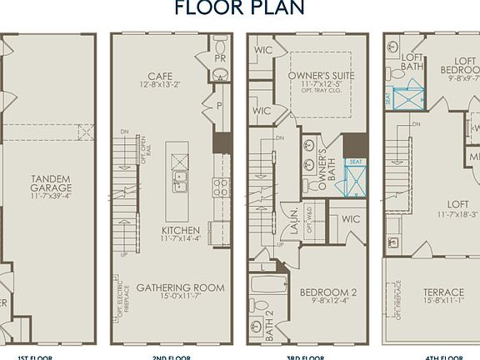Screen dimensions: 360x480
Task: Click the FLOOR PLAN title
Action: point(239,8)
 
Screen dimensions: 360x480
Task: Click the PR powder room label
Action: point(219,59)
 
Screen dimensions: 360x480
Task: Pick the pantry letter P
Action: point(218,107)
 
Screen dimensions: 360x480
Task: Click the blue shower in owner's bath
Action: point(355,177)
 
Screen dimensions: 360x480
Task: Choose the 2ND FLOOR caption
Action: point(170,356)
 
